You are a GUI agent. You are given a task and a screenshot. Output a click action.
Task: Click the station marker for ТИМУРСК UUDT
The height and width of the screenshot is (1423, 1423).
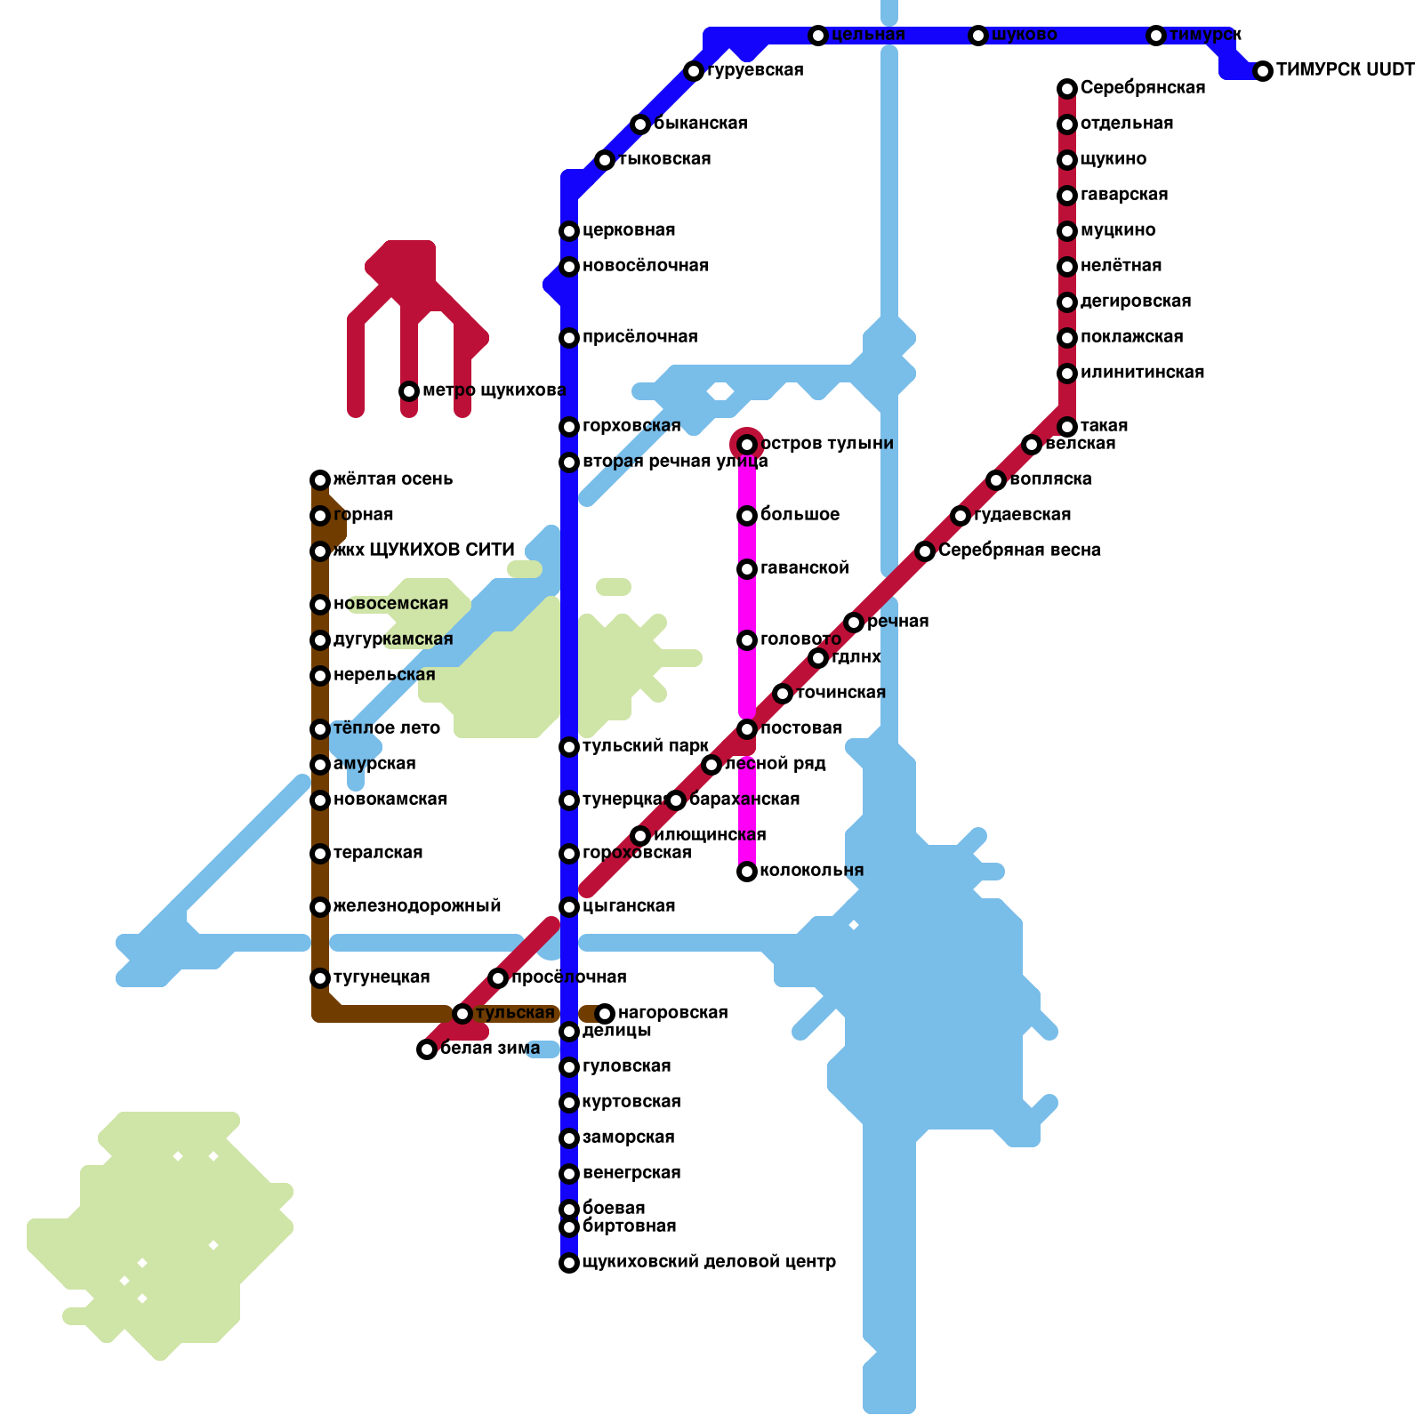click(x=1263, y=71)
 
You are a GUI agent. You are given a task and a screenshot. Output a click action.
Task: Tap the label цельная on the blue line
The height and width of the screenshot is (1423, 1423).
click(x=868, y=35)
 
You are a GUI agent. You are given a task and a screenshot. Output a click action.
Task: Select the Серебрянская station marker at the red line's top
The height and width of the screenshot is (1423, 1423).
click(x=1067, y=89)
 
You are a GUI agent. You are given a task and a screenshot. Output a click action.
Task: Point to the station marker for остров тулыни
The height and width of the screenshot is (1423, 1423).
click(x=747, y=445)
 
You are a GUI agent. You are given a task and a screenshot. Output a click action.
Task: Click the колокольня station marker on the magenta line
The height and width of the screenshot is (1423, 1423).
click(x=747, y=872)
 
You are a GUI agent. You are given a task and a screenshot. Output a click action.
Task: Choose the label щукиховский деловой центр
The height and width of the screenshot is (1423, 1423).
click(x=709, y=1262)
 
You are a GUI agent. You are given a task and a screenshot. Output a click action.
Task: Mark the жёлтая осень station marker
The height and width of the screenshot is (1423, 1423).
click(x=320, y=480)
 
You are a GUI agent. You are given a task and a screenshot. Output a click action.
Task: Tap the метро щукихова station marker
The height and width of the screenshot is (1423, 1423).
click(x=409, y=391)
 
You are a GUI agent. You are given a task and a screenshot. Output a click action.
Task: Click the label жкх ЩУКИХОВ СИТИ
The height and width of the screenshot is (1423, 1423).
click(x=423, y=551)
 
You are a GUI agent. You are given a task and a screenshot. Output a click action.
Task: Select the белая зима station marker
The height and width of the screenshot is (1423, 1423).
click(x=427, y=1049)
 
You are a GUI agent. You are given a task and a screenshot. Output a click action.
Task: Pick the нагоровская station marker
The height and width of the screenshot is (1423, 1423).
click(x=605, y=1014)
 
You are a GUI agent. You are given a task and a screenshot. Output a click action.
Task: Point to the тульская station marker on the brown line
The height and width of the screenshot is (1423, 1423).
click(x=462, y=1014)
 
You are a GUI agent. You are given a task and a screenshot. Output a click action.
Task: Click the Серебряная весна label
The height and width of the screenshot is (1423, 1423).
click(x=1019, y=551)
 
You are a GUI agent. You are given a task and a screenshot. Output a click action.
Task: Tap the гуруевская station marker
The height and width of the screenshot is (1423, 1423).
click(x=694, y=71)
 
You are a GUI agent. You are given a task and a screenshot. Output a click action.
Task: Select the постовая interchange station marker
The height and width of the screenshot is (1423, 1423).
click(x=747, y=729)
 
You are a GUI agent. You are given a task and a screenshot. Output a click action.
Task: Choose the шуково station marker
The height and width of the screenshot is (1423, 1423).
click(x=978, y=36)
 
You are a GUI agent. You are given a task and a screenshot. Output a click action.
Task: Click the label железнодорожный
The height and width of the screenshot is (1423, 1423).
click(x=417, y=906)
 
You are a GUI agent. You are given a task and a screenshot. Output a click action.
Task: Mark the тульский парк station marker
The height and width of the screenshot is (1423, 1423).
click(x=569, y=747)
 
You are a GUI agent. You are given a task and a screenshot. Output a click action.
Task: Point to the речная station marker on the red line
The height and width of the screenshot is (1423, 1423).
click(x=854, y=623)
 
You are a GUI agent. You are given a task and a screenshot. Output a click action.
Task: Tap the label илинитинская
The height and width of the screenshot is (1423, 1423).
click(x=1142, y=373)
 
